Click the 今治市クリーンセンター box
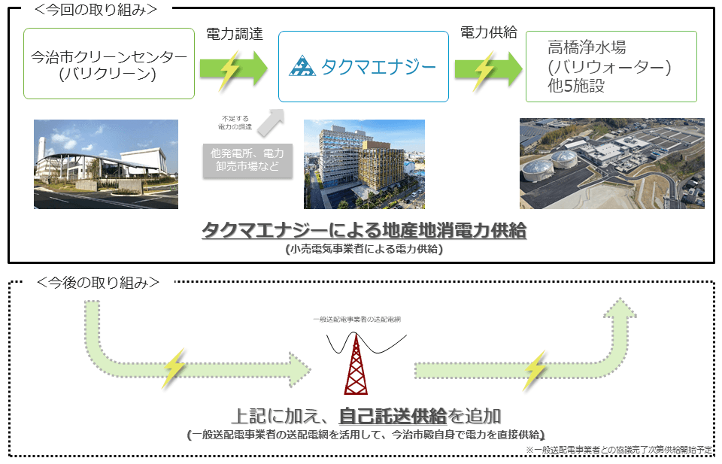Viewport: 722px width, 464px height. (109, 64)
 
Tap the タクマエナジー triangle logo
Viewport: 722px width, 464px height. (302, 67)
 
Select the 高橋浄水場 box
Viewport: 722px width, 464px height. (611, 66)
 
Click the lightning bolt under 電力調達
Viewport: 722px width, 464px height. (229, 69)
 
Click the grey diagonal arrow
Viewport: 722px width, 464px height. (271, 121)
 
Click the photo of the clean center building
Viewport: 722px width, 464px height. (105, 164)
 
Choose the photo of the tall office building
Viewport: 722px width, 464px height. (364, 164)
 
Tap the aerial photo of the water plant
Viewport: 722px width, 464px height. (611, 163)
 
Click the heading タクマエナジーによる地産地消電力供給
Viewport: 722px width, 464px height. (363, 230)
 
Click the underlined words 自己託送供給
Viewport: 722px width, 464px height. (393, 415)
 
